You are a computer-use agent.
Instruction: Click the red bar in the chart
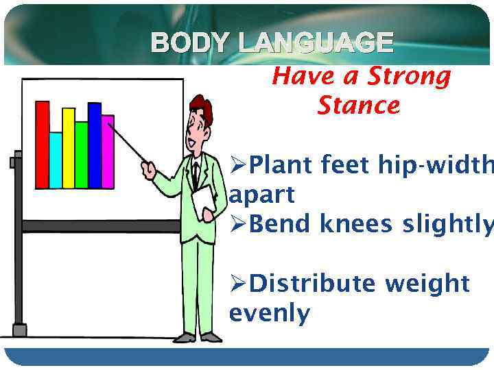click(42, 145)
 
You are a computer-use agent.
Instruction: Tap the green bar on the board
click(82, 155)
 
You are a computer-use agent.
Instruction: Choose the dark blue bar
click(95, 145)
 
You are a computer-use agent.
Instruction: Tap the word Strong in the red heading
click(409, 77)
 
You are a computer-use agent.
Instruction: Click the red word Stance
click(358, 106)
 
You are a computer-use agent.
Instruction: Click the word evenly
click(269, 314)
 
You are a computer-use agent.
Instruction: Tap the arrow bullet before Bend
click(238, 225)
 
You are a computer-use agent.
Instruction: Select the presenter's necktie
click(196, 175)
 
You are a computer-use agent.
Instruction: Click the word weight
click(427, 284)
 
